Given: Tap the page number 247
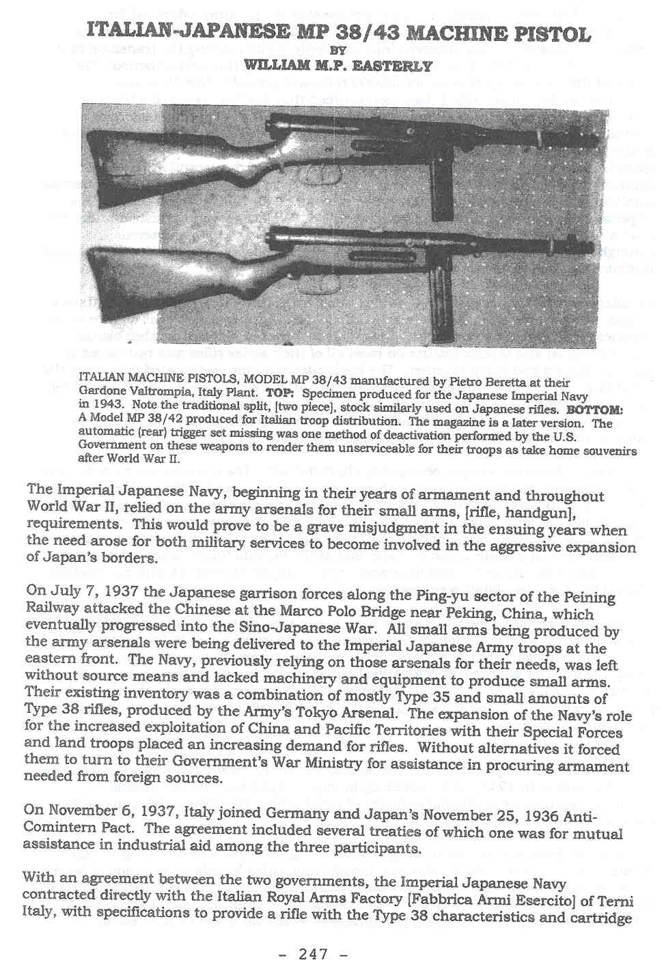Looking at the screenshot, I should tap(314, 953).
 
